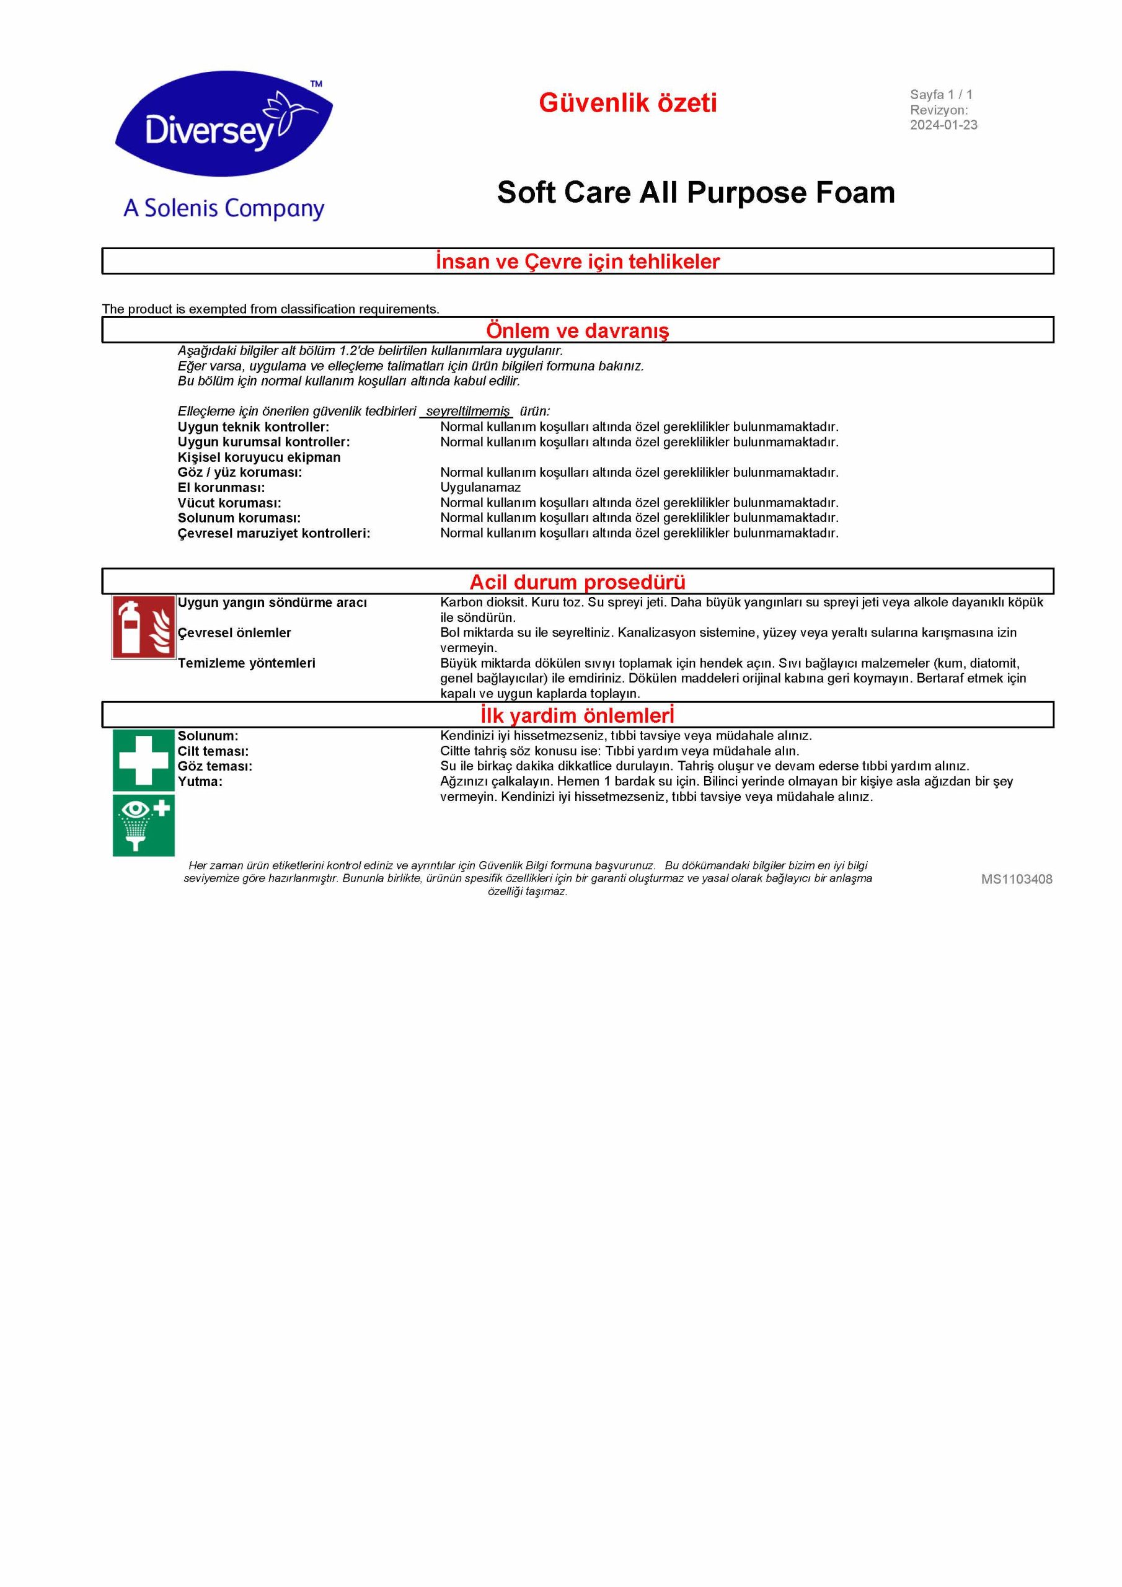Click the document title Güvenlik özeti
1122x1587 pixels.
coord(628,103)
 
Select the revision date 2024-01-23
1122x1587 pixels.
coord(943,125)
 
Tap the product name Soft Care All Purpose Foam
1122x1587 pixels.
coord(696,192)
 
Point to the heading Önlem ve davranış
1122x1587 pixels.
coord(577,330)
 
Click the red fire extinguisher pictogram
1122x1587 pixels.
coord(144,627)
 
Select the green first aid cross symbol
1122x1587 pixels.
coord(144,760)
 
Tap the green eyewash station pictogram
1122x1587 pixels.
coord(144,825)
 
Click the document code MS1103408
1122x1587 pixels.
coord(1016,879)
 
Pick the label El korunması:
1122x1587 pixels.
coord(221,488)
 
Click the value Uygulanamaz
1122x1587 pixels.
coord(480,488)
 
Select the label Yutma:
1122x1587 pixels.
coord(200,782)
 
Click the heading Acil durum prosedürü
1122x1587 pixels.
coord(577,582)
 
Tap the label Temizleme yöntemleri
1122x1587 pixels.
coord(246,663)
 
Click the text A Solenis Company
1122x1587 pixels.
coord(224,209)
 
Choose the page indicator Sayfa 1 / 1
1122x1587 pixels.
coord(941,95)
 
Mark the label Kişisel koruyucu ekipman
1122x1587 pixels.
coord(258,458)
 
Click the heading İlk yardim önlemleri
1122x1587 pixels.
coord(577,715)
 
